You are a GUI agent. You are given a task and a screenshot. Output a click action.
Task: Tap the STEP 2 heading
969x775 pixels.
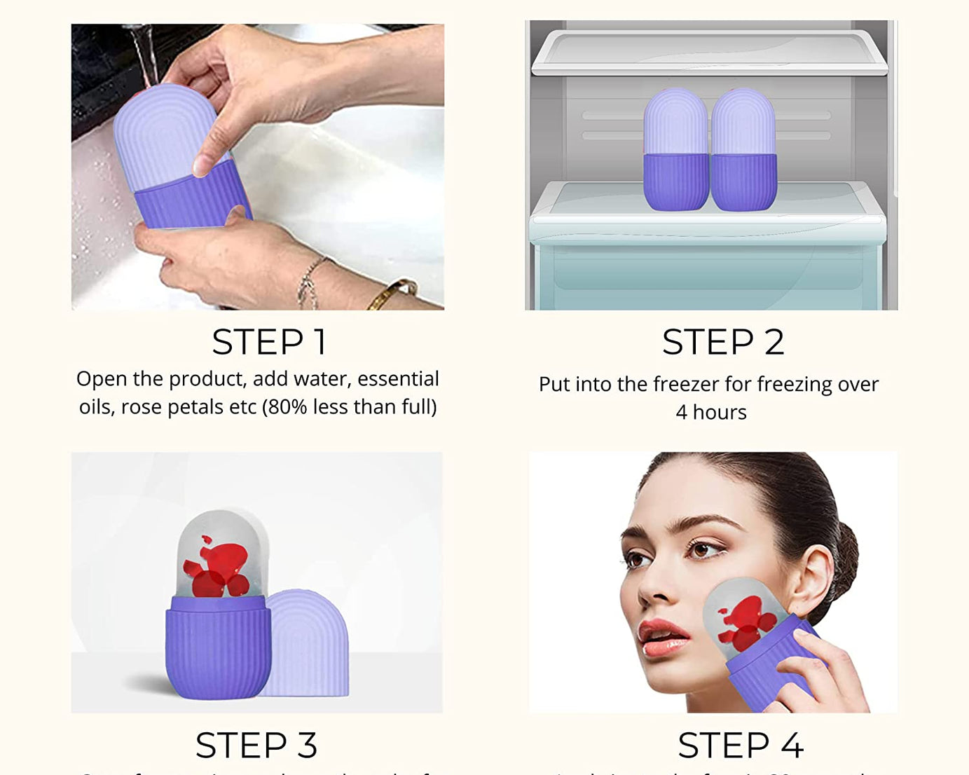[x=722, y=343]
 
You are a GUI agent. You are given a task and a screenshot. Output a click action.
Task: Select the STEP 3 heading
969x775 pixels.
[x=256, y=745]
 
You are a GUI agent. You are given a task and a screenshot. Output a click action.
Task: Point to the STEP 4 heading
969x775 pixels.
[x=740, y=745]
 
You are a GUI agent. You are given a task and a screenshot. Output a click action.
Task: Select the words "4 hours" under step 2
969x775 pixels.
[x=710, y=413]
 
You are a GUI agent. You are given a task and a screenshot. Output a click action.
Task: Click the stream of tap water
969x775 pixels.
[x=146, y=56]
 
